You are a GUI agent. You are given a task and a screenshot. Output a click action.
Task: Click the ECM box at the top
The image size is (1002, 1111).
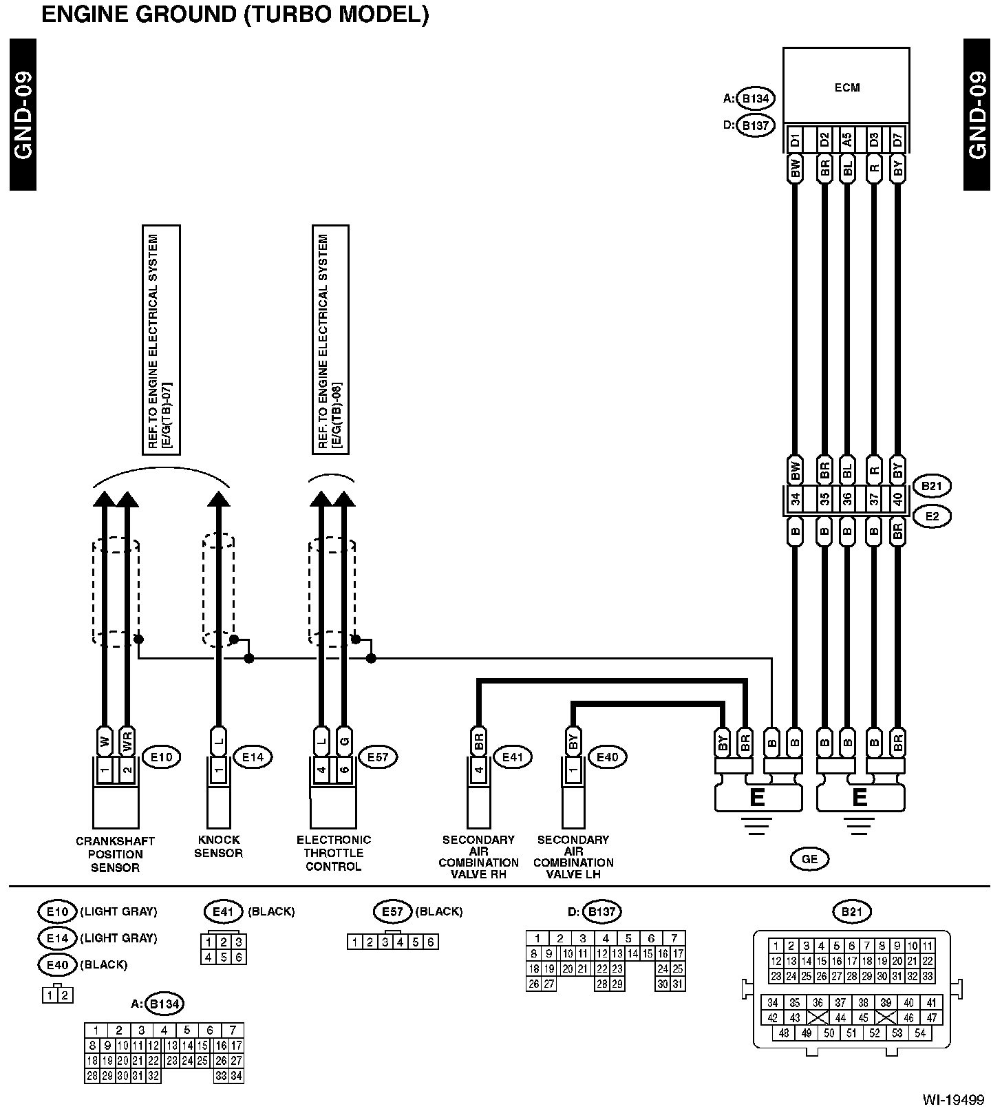[846, 88]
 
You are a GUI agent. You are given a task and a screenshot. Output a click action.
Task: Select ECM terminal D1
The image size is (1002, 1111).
[795, 140]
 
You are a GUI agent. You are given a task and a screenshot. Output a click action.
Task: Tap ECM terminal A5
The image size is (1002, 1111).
[847, 140]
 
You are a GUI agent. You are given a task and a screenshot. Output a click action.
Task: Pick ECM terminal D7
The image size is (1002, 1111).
[897, 140]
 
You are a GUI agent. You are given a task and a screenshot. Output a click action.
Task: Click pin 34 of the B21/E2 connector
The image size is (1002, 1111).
[795, 500]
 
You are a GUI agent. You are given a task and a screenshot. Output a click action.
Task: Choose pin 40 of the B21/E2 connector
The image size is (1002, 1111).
[897, 500]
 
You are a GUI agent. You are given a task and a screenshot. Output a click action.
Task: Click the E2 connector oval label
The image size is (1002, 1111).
[932, 516]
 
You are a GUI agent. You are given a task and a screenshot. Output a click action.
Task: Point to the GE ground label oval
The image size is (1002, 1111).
[809, 858]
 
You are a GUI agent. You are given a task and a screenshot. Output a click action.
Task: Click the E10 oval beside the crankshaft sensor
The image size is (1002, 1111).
[161, 757]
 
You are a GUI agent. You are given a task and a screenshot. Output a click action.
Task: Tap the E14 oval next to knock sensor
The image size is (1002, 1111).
[253, 757]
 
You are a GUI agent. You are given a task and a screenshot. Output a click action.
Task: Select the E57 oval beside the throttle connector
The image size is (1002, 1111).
[378, 757]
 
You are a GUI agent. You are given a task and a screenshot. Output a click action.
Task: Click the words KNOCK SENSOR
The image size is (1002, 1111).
[218, 847]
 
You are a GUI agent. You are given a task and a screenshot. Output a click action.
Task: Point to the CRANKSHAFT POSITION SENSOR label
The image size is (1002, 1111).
[115, 854]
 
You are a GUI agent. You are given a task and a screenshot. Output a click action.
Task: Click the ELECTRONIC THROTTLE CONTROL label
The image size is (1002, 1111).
[334, 853]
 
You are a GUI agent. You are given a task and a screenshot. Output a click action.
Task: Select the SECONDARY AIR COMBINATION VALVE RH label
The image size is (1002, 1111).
[478, 857]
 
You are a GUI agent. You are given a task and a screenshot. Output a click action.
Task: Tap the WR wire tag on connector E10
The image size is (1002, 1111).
[127, 741]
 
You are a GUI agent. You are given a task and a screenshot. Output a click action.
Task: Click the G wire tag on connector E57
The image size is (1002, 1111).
[345, 741]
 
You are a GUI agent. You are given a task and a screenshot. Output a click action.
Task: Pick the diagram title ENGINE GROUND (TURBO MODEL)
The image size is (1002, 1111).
[235, 14]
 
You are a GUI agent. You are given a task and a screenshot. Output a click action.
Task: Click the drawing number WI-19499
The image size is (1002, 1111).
[954, 1099]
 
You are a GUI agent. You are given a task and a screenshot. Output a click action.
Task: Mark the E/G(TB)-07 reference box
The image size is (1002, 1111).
[160, 340]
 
